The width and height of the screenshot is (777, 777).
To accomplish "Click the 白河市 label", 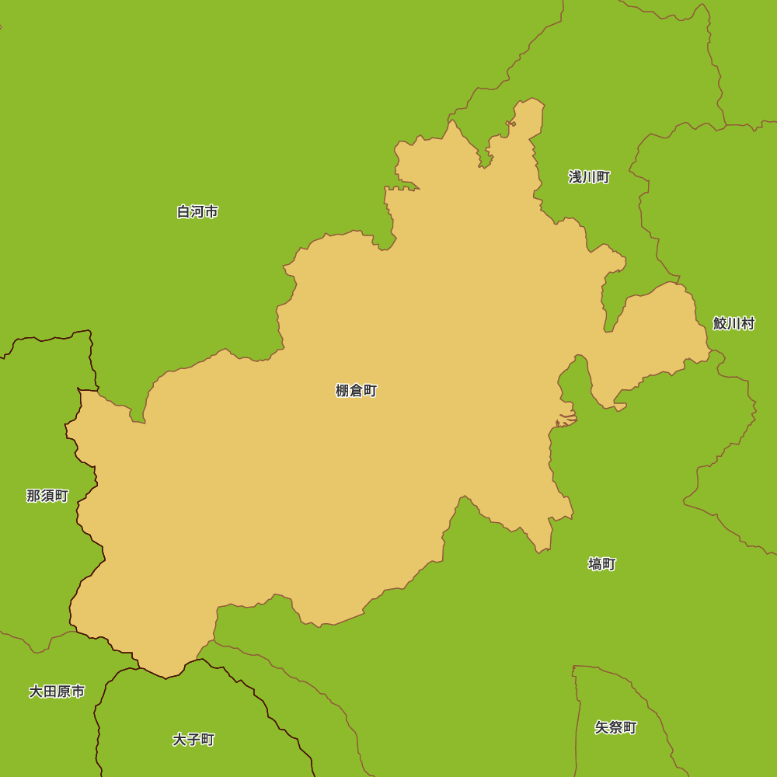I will (x=197, y=211).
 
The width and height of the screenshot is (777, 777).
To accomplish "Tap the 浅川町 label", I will (x=589, y=177).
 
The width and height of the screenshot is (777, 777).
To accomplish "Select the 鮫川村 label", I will (x=733, y=323).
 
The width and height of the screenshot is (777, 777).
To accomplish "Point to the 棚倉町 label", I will (x=356, y=391).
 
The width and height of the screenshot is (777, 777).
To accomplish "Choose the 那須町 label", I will (x=47, y=496).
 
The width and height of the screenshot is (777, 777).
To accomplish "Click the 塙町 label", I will (x=601, y=564).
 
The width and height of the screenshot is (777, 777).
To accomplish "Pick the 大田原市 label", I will (x=57, y=692).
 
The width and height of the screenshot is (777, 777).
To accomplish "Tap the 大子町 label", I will (x=193, y=740).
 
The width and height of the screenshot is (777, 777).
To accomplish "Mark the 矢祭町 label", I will (x=615, y=728).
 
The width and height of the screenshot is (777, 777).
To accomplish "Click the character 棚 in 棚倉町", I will (x=343, y=391).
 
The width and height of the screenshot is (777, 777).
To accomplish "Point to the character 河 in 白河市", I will (x=197, y=211).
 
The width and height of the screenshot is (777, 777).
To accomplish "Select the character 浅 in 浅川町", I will (x=576, y=177).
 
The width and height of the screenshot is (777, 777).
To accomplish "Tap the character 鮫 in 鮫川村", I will (x=720, y=323).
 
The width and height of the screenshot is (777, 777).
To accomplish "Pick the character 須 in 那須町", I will (x=47, y=496).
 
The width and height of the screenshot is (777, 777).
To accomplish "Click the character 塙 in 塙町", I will (x=595, y=564).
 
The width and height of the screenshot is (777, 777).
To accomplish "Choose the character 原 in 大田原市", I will (x=64, y=692).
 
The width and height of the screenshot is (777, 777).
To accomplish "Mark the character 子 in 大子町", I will (x=193, y=740).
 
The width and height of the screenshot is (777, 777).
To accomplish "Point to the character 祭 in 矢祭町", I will (x=615, y=728).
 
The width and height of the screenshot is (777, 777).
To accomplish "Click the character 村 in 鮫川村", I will (x=747, y=323).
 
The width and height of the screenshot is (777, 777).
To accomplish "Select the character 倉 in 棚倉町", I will (x=356, y=391).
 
